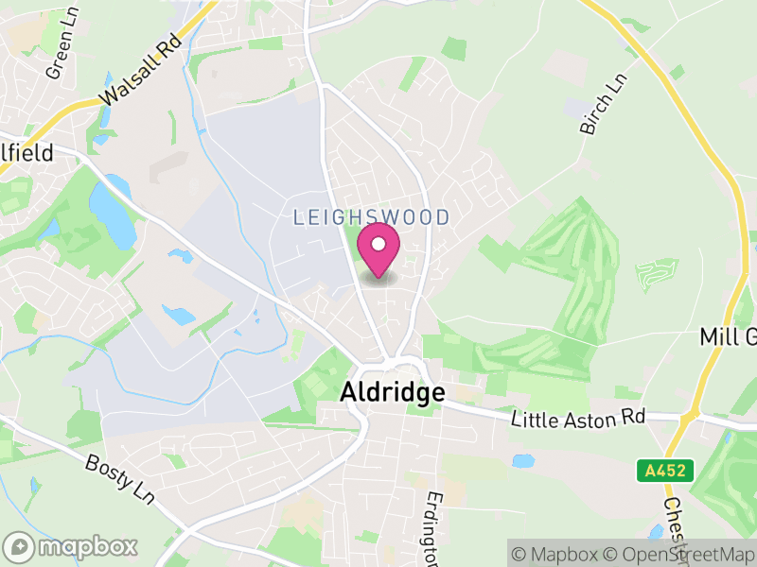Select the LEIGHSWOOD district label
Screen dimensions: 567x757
[371, 218]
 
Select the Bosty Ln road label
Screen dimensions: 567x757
[119, 477]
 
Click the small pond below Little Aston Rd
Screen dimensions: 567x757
[521, 461]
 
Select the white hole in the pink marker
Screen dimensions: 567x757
[378, 245]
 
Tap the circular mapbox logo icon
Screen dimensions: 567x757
[21, 546]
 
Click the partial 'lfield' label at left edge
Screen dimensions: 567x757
[26, 152]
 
